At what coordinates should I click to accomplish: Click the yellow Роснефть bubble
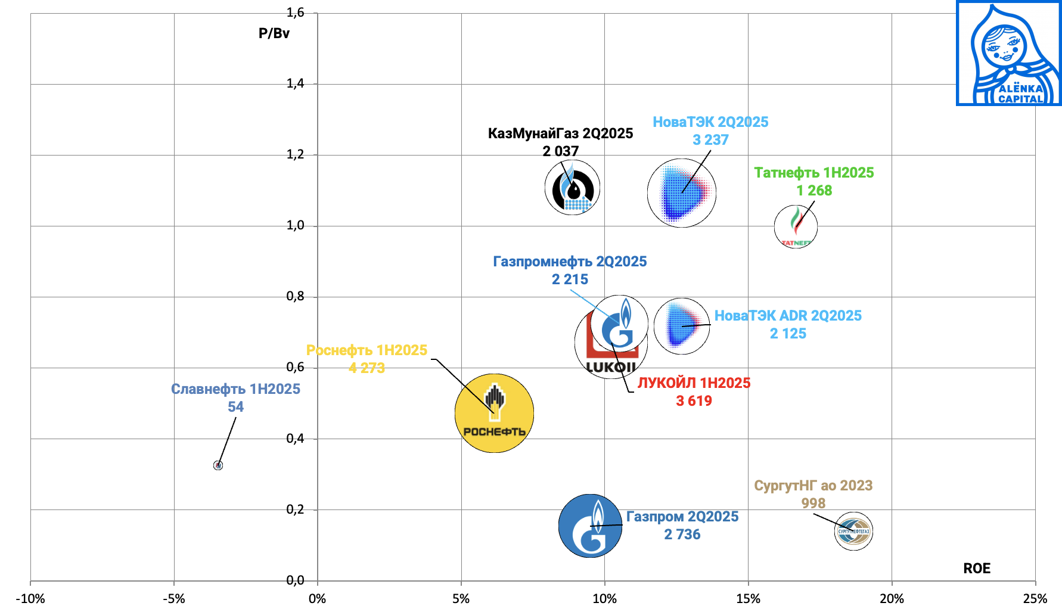pos(494,413)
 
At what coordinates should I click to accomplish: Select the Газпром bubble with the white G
pos(590,526)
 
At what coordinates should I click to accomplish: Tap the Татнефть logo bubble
pos(796,226)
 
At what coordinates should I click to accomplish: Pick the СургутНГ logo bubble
pos(853,531)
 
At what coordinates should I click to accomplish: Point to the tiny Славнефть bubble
pos(218,465)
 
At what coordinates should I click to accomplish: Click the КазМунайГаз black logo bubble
pos(572,187)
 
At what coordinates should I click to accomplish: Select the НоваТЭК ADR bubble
pos(681,326)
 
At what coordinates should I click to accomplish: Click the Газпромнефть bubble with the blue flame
pos(620,324)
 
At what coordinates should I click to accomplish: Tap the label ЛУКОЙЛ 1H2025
pos(694,383)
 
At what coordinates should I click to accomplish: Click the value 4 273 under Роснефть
pos(367,368)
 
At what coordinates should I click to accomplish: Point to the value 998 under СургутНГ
pos(813,504)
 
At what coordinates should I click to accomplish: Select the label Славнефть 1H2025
pos(235,389)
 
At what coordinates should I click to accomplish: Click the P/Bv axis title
pos(274,33)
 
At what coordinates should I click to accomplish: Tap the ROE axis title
pos(977,568)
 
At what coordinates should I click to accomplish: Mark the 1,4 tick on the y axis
pos(295,83)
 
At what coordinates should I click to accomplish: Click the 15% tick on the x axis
pos(748,599)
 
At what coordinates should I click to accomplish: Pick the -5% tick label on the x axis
pos(173,599)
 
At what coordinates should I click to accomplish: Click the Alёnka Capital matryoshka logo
pos(1008,54)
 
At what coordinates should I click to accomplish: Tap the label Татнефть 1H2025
pos(813,173)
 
